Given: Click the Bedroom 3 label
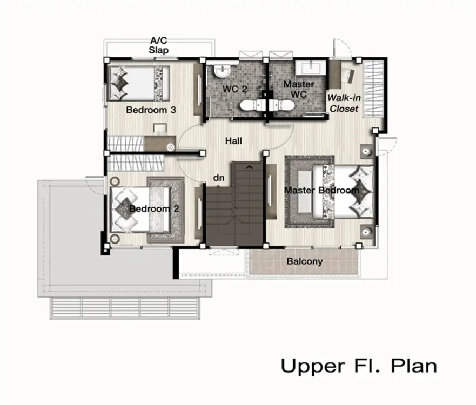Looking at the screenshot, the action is [151, 110].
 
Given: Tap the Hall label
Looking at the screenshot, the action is [233, 141].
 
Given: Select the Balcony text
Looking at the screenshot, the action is [305, 261].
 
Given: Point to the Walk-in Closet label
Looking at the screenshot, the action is [344, 103].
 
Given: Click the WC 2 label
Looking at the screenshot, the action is [234, 89].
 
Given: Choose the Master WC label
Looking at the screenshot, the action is [299, 89].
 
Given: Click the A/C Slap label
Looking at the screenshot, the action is [159, 45].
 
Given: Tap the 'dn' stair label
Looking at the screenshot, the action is [219, 178].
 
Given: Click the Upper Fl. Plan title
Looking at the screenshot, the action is [359, 366].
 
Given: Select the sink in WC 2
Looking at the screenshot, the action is [222, 71].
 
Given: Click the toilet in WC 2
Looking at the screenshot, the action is [252, 106].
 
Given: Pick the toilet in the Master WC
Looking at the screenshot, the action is [282, 106].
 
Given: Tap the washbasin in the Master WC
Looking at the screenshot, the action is [311, 67].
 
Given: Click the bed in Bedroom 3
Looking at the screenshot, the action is [138, 83].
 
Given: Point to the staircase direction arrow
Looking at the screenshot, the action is [249, 166].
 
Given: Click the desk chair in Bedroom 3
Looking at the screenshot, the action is [160, 129].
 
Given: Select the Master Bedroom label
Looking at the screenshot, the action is [321, 191].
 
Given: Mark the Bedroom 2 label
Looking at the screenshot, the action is [154, 209].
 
